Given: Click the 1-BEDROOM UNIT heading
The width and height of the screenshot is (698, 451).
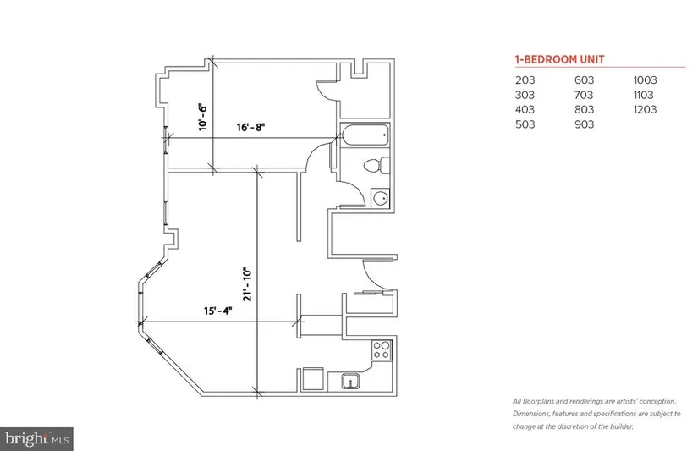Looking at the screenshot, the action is [x=559, y=60].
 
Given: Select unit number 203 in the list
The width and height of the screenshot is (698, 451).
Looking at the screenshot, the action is [x=525, y=80].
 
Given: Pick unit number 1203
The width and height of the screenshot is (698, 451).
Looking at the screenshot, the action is [x=645, y=109].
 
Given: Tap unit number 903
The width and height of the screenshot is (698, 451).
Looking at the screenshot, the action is [x=584, y=124].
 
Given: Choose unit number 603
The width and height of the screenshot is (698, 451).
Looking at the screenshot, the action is [x=584, y=80].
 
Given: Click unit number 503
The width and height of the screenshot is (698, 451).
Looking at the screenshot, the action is [x=525, y=124].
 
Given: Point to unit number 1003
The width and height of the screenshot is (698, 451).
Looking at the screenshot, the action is [x=645, y=80].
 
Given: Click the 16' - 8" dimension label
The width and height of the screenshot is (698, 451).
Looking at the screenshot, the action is [x=250, y=127].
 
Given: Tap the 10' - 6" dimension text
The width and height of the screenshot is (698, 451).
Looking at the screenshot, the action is [x=203, y=117].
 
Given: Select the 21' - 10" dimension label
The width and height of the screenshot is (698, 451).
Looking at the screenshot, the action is [x=248, y=284].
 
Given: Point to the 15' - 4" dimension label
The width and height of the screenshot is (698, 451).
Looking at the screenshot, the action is [x=218, y=311].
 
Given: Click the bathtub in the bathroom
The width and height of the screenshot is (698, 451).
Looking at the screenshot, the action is [x=365, y=135].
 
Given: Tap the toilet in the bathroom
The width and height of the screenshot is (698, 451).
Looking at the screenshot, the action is [x=376, y=166].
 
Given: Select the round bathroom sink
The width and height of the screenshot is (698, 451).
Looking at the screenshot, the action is [x=380, y=198].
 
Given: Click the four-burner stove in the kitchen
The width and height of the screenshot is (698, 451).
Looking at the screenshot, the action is [x=382, y=350].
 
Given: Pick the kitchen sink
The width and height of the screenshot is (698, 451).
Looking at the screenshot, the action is [x=351, y=382].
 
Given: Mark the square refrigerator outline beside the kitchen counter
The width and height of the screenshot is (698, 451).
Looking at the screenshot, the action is [x=312, y=380].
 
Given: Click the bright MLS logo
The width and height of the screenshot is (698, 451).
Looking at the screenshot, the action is [x=36, y=439].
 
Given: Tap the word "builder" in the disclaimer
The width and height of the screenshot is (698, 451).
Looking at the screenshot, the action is [x=621, y=426].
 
